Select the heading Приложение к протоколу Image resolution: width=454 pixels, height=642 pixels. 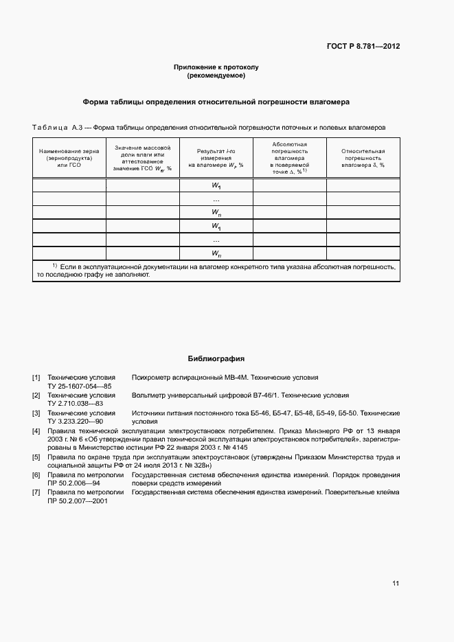click(215, 67)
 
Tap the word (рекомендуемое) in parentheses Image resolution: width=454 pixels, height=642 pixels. click(216, 76)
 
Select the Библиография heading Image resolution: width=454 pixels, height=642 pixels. click(216, 359)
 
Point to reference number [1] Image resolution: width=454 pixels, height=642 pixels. click(36, 378)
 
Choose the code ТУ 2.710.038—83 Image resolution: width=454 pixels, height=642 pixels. click(75, 404)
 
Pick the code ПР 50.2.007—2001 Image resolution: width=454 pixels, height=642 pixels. click(78, 502)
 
